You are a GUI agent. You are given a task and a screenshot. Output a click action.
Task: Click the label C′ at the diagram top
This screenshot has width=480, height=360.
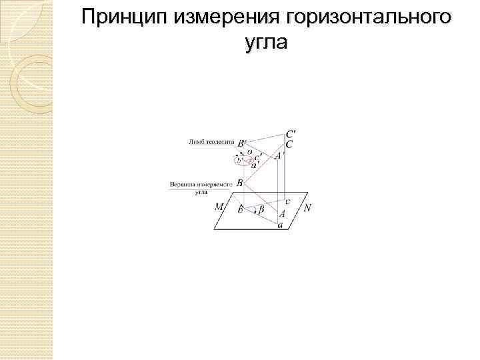[291, 133]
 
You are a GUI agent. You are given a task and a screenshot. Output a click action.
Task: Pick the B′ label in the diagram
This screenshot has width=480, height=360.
[242, 143]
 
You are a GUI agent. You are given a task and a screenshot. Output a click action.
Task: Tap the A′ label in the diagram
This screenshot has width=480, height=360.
[278, 155]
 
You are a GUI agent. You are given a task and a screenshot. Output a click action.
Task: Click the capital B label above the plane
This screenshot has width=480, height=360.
[240, 183]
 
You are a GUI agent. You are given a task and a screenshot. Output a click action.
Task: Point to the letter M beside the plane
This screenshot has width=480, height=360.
[219, 207]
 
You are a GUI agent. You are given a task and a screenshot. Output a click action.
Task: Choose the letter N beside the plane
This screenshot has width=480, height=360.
[307, 207]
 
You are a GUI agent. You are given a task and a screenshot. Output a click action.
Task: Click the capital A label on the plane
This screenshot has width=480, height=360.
[282, 214]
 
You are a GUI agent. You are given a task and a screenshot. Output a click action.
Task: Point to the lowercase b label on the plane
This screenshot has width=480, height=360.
[240, 209]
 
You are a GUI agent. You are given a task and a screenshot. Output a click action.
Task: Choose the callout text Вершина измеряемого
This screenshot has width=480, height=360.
[201, 183]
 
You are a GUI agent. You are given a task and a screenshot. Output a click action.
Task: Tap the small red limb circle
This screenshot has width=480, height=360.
[242, 160]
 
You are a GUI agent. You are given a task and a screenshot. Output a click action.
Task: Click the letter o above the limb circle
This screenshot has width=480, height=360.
[249, 151]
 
